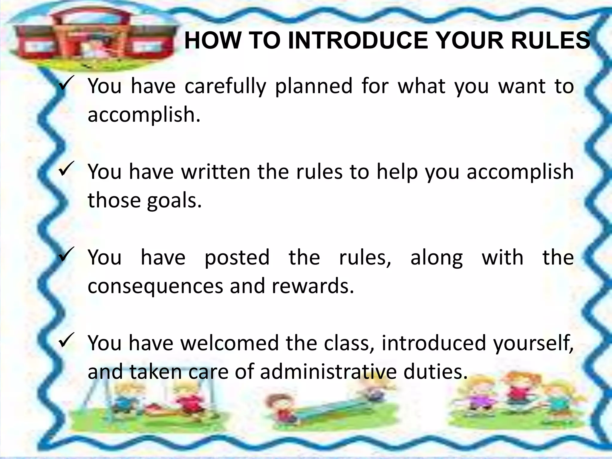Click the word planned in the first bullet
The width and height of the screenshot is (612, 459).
pyautogui.click(x=313, y=87)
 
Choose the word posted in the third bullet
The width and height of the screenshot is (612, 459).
pyautogui.click(x=237, y=257)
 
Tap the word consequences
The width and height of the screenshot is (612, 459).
pyautogui.click(x=155, y=286)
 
